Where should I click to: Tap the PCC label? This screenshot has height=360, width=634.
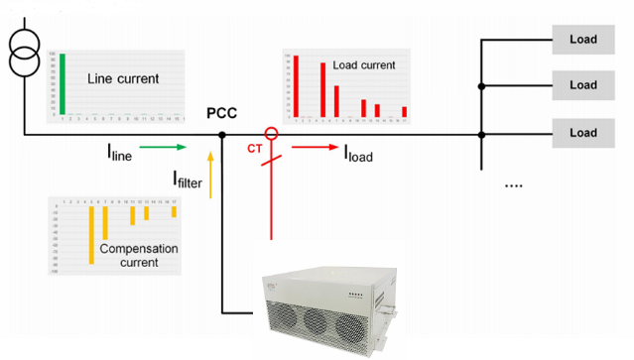(221, 113)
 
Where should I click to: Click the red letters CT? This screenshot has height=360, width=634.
(254, 151)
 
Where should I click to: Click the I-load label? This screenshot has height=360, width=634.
(358, 154)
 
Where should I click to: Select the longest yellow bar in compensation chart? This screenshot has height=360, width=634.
(91, 234)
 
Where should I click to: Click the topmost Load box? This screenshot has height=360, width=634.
(582, 40)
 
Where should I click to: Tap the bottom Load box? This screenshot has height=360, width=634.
(582, 132)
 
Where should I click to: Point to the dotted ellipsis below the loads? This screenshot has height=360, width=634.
(514, 185)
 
